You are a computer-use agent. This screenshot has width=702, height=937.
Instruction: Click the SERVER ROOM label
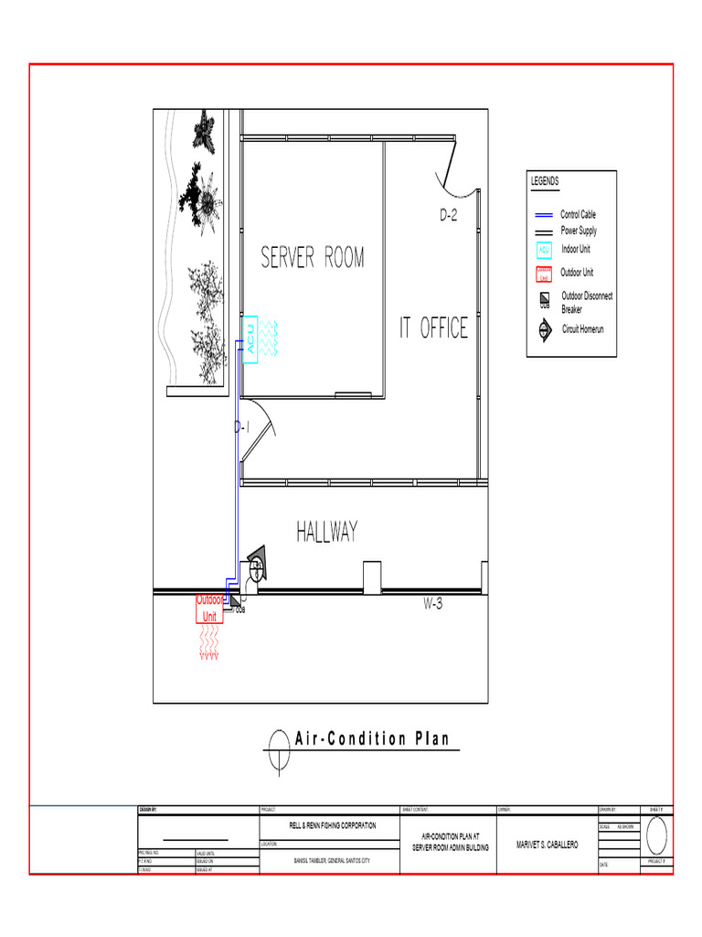313,258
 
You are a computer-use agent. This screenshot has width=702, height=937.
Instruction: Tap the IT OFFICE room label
433,328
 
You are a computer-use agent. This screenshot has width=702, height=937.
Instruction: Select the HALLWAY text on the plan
326,532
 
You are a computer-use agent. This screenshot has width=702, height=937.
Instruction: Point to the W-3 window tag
432,605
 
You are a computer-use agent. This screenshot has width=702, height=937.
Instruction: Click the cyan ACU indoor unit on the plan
249,339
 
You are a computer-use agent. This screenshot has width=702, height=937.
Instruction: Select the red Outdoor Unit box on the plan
209,609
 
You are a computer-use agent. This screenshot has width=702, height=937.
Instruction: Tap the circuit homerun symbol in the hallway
256,560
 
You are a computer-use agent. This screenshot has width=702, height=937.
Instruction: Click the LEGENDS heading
545,182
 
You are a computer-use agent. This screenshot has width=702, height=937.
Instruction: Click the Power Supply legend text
579,231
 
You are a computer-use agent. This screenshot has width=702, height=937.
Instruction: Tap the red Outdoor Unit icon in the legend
543,274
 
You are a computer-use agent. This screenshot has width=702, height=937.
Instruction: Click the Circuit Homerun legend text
582,328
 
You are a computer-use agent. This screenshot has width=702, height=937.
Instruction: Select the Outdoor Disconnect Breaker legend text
587,303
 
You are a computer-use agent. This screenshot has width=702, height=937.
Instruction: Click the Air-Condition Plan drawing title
372,739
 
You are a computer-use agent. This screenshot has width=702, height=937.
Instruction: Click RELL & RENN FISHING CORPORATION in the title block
332,825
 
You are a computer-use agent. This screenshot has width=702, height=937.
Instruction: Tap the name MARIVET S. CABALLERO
547,845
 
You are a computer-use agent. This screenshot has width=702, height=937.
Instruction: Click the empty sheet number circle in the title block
657,835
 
